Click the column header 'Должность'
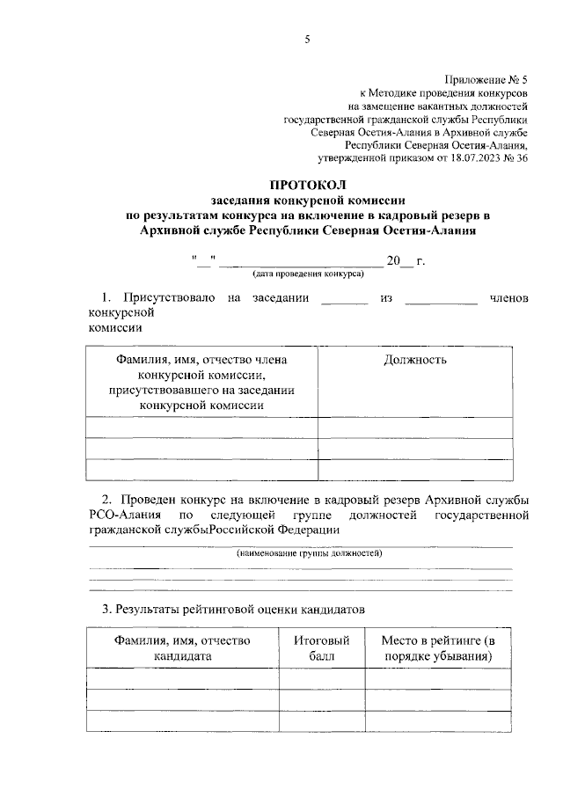415,360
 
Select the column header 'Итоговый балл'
316,648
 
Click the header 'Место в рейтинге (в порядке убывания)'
437,648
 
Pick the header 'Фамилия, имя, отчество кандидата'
183,648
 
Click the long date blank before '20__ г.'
300,262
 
